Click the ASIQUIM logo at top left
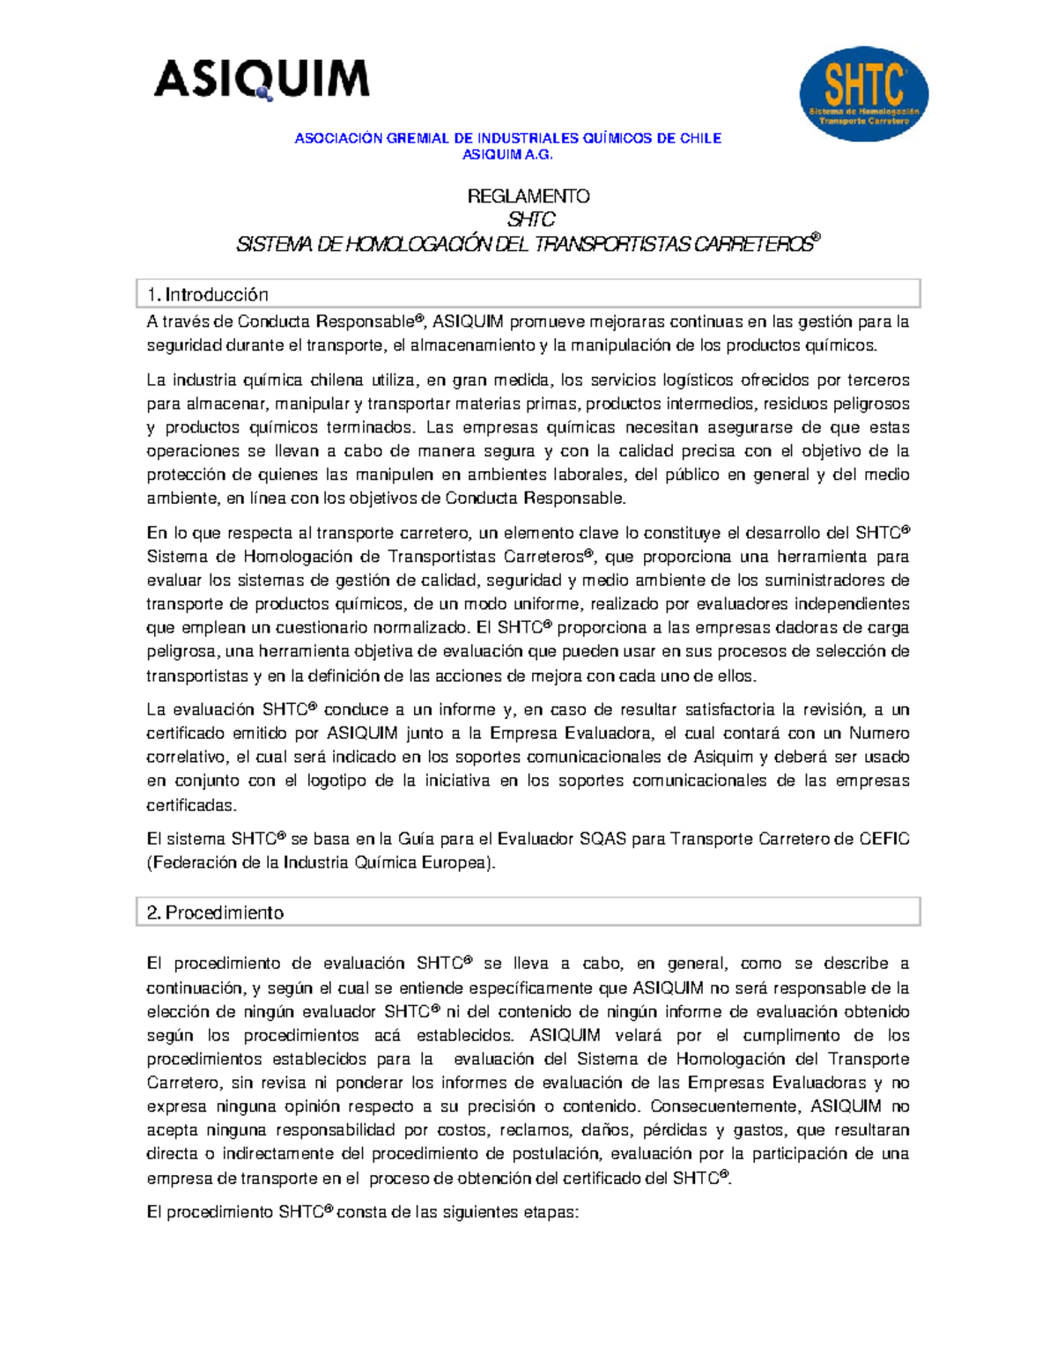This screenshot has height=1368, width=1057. coord(262,79)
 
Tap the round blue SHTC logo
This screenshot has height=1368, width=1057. coord(863,94)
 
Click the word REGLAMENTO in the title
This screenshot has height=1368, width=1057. coord(528,196)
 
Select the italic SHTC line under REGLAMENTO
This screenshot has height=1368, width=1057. coord(531,219)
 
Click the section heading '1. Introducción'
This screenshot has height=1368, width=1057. coord(208,294)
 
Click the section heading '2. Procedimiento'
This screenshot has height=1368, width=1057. coord(216,913)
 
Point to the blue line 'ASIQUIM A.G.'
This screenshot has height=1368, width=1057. coord(508,154)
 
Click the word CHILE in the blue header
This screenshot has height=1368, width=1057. coord(700,138)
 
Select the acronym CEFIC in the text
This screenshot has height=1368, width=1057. coord(884,839)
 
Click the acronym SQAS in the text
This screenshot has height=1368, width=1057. coord(602,839)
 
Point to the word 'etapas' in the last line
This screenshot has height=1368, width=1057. coord(551,1212)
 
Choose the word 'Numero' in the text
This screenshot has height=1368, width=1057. coord(878,733)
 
